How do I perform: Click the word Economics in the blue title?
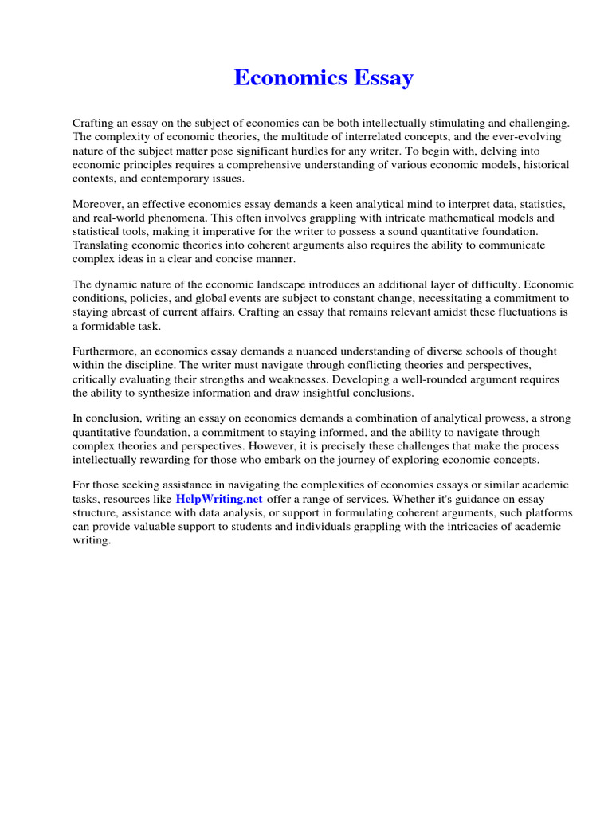point(288,78)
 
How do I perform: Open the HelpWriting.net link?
point(219,498)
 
